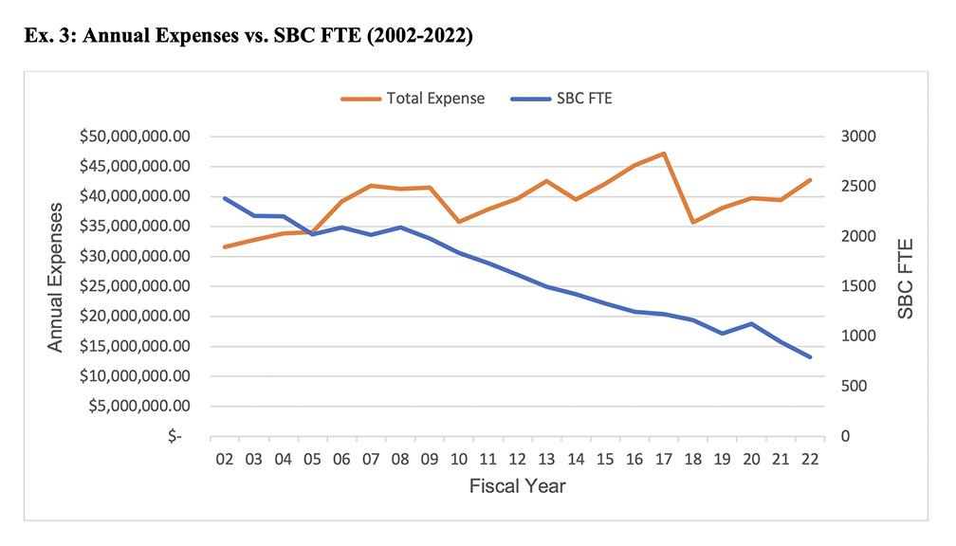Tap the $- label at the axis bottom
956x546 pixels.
coord(173,437)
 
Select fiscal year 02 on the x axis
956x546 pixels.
coord(226,460)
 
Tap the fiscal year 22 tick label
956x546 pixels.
coord(809,460)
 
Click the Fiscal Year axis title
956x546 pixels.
coord(517,486)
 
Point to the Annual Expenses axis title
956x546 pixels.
coord(56,276)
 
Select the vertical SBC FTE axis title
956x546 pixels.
coord(906,276)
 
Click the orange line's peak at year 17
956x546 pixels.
coord(664,153)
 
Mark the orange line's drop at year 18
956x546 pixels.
coord(693,222)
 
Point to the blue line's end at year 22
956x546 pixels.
coord(810,357)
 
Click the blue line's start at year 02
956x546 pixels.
coord(226,198)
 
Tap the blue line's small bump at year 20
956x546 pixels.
coord(751,323)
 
